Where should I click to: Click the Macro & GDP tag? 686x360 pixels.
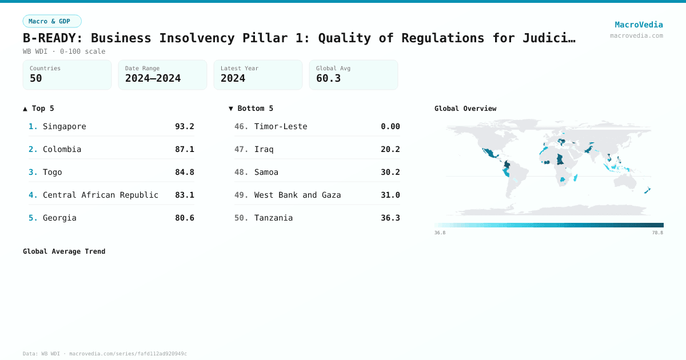pos(52,21)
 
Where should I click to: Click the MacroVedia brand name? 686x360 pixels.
pos(639,25)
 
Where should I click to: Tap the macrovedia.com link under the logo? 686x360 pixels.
pos(636,35)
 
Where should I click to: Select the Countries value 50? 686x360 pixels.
pos(36,78)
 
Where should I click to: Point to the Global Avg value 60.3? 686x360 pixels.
pos(328,78)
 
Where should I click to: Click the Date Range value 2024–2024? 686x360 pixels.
pos(153,78)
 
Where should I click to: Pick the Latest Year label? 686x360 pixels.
pos(240,69)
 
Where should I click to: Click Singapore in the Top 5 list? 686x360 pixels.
pos(65,126)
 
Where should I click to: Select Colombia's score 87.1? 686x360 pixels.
pos(184,149)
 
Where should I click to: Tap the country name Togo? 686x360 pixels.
pos(53,172)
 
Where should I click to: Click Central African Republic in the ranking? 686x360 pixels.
pos(101,195)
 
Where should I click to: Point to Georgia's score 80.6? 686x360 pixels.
pos(184,218)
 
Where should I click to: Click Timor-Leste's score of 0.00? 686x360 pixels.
pos(390,126)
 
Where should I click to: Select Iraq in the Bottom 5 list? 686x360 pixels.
pos(264,149)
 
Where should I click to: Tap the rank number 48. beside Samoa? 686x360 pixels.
pos(241,172)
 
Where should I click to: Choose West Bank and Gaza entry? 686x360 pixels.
pos(297,195)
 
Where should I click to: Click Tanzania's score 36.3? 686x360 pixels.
pos(390,218)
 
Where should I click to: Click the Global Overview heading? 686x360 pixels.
pos(465,109)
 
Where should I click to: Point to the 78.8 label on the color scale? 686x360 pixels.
pos(657,233)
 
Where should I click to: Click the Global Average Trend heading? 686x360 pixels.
pos(64,251)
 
